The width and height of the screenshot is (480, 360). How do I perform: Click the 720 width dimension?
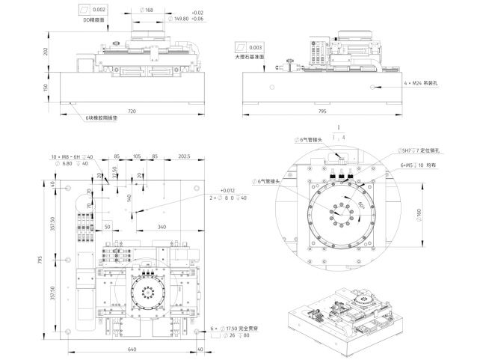[132, 111]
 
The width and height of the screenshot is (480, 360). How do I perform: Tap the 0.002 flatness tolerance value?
[100, 10]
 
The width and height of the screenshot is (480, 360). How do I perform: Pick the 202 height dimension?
[46, 52]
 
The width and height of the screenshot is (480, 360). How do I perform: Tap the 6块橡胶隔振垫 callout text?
[95, 118]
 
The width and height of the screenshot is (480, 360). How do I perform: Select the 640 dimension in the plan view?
[132, 349]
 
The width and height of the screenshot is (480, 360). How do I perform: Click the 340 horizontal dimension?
[161, 226]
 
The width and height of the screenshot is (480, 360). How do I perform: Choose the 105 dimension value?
[137, 156]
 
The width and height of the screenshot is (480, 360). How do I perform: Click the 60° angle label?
[362, 204]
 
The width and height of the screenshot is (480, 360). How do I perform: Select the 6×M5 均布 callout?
[413, 164]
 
